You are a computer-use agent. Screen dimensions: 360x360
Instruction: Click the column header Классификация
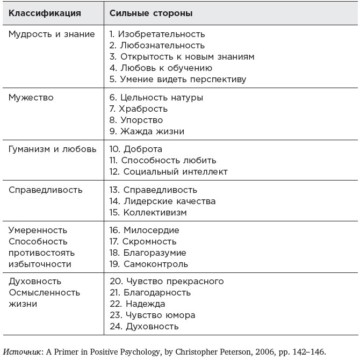pyautogui.click(x=45, y=12)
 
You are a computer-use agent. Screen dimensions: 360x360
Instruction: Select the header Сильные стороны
pyautogui.click(x=151, y=12)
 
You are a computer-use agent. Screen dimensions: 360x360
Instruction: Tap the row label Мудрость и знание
pyautogui.click(x=52, y=34)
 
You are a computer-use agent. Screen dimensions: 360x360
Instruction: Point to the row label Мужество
pyautogui.click(x=31, y=97)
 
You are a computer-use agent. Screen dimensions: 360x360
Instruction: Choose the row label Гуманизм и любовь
pyautogui.click(x=53, y=149)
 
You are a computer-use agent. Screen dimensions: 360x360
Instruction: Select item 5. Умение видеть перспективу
pyautogui.click(x=177, y=79)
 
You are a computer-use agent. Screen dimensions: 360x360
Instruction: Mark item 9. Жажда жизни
pyautogui.click(x=146, y=131)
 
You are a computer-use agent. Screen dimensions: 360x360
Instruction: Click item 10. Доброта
pyautogui.click(x=135, y=149)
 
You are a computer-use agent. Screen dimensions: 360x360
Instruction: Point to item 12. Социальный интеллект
pyautogui.click(x=168, y=171)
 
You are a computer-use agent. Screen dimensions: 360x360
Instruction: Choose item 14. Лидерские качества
pyautogui.click(x=162, y=201)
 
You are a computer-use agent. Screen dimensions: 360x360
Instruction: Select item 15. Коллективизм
pyautogui.click(x=148, y=212)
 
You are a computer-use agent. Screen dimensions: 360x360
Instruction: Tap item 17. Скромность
pyautogui.click(x=143, y=241)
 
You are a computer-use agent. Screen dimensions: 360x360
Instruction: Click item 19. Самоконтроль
pyautogui.click(x=148, y=264)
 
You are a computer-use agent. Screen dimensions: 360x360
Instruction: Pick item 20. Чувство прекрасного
pyautogui.click(x=167, y=281)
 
